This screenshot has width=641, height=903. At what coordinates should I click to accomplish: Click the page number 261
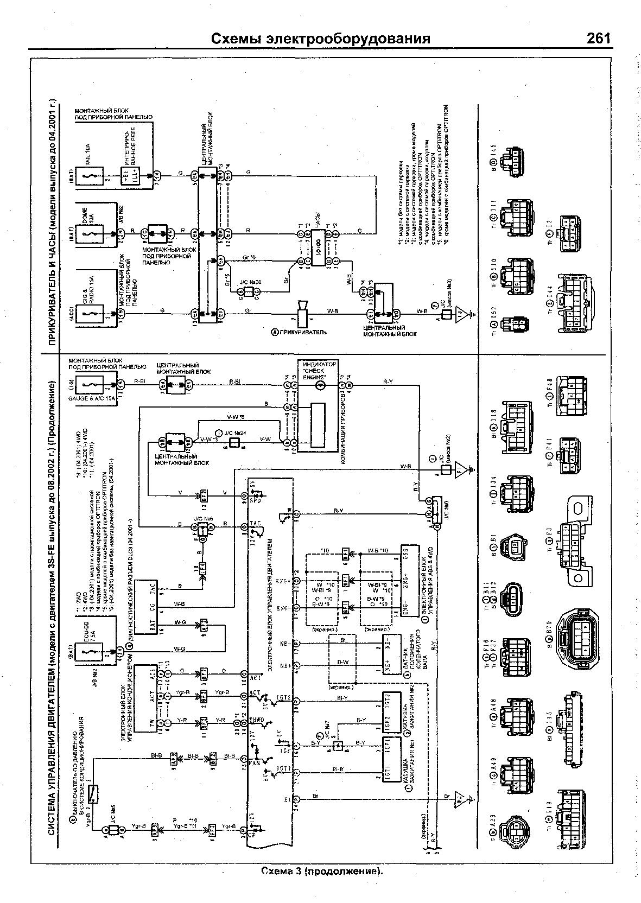point(598,39)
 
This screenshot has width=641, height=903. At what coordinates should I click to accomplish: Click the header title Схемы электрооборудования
point(320,39)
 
